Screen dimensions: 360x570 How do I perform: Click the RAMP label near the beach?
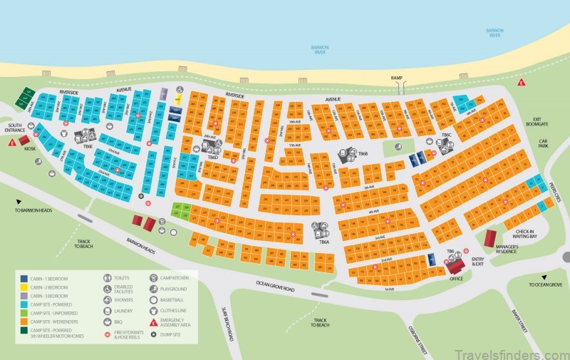[x=397, y=77]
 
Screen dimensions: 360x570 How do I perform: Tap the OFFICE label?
[x=456, y=279]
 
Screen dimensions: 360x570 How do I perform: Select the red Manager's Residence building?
[x=490, y=238]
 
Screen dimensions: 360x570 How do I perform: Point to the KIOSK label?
[x=30, y=149]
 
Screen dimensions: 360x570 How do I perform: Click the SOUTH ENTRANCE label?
[x=14, y=129]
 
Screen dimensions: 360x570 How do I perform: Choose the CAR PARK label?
[x=543, y=148]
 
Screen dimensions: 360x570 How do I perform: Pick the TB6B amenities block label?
[x=363, y=153]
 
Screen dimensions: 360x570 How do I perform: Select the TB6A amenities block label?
[x=324, y=242]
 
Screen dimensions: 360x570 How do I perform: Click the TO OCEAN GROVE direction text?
[x=546, y=284]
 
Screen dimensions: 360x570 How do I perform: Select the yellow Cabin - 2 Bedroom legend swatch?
[x=24, y=287]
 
